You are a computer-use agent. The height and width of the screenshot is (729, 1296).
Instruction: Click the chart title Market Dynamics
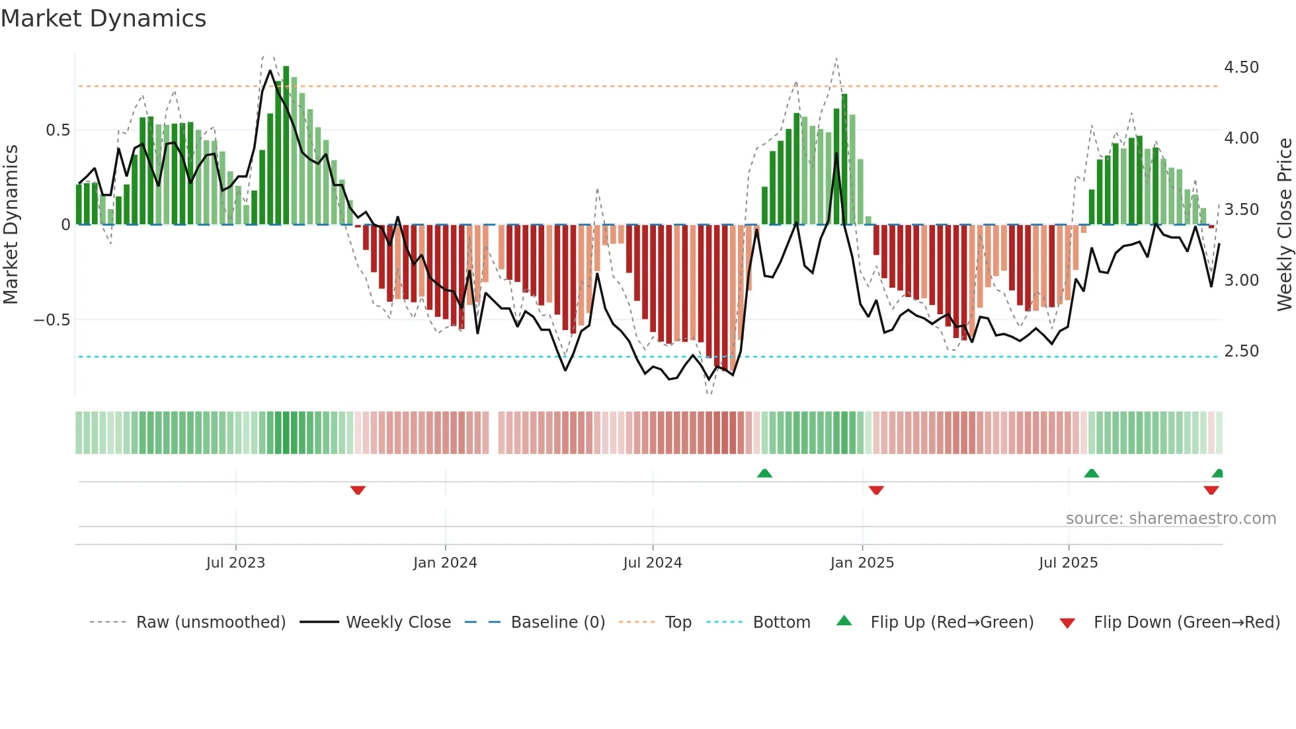103,19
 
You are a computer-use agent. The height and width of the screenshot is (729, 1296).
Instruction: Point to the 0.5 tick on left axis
58,130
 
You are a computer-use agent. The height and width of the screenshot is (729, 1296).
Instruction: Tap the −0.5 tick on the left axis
52,320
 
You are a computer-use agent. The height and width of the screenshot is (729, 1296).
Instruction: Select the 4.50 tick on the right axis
1241,67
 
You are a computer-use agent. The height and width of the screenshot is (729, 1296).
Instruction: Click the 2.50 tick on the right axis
1241,351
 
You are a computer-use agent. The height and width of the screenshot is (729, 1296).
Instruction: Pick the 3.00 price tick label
1241,280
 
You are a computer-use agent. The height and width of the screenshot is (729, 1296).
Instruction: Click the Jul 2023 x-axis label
235,563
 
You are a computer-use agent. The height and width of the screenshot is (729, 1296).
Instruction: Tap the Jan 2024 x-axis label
445,563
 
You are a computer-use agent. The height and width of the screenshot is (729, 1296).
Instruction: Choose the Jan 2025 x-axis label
862,563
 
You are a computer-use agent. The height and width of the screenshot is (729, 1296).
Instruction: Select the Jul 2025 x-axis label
1068,563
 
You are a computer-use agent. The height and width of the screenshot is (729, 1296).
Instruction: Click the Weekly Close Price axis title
1284,224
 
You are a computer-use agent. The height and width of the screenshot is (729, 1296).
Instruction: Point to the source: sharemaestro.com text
1170,519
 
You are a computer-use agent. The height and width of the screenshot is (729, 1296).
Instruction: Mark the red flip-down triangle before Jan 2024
358,490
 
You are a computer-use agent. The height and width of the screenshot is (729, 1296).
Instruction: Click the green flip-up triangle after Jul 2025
1092,473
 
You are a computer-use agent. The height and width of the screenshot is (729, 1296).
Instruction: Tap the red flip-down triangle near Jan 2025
876,490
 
